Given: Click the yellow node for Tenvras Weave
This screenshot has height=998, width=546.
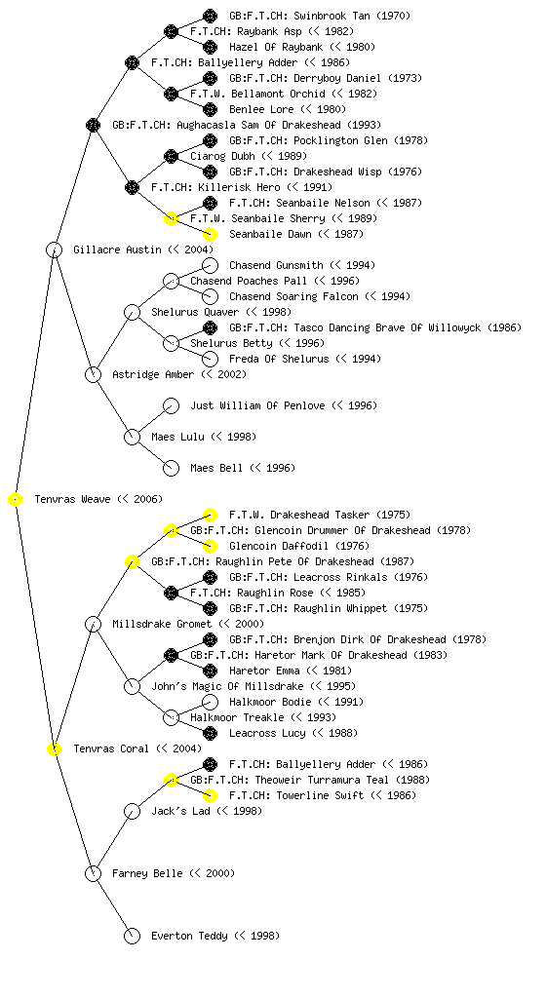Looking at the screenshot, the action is [16, 500].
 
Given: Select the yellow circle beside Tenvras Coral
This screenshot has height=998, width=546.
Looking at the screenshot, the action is [55, 749].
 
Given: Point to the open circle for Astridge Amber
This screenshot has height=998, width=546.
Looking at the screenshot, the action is [93, 375].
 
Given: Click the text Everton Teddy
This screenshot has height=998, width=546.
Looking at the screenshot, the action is [189, 936].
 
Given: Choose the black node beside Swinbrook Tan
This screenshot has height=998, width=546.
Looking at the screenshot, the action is [210, 16].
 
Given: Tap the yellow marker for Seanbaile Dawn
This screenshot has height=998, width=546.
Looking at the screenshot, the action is [210, 234].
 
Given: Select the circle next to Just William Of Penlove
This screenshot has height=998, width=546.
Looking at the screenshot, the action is [172, 405].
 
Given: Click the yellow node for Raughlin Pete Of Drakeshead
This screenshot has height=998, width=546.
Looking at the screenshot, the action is [133, 562].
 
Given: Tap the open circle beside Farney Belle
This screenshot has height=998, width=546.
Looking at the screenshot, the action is [93, 873].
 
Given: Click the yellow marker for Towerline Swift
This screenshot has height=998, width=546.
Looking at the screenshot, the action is [210, 795].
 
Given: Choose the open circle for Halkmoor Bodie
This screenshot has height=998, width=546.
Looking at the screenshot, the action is [210, 702].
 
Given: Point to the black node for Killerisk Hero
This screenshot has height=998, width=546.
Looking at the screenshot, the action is [133, 187].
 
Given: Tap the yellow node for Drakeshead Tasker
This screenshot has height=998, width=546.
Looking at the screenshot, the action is [210, 515].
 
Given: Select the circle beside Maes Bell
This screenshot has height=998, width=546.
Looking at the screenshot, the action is [172, 468].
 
